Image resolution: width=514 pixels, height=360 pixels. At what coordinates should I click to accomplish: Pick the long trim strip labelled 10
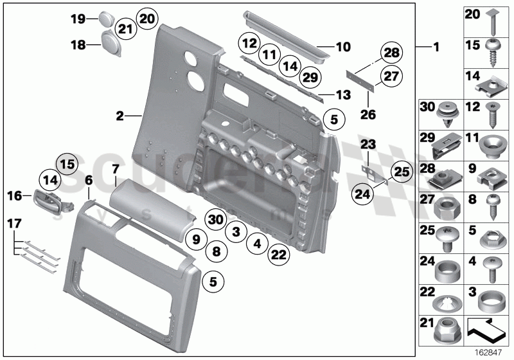tap(286, 37)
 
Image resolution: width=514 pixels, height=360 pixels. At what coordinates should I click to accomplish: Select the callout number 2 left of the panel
tap(120, 116)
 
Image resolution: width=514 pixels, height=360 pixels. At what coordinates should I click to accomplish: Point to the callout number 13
tap(344, 94)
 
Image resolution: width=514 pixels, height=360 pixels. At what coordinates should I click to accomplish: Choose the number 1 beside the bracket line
tap(436, 48)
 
